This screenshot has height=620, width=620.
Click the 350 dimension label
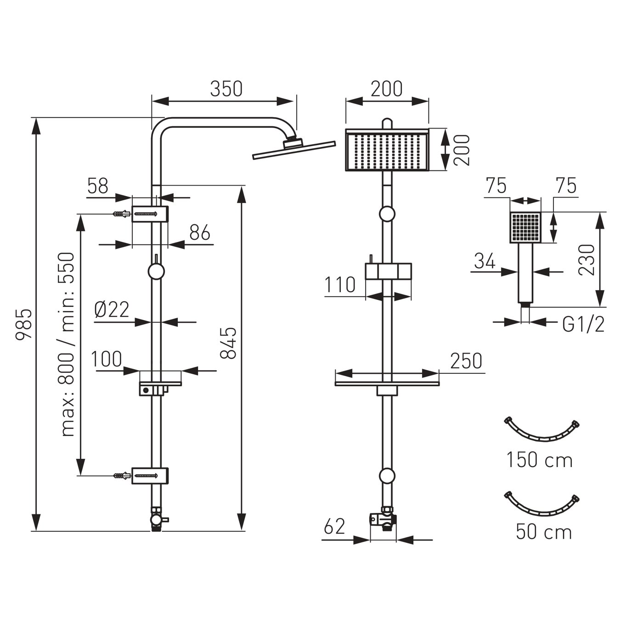point(226,89)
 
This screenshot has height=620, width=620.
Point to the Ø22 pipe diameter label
point(112,310)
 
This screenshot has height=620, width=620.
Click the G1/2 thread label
point(583,324)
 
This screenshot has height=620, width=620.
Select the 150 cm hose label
point(540,460)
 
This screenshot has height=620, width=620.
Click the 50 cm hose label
point(544,532)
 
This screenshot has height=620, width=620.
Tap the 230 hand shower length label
point(586,260)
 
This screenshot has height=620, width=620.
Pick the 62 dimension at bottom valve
point(334,526)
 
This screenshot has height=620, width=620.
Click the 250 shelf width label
point(466,361)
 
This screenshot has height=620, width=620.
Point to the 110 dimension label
point(340,285)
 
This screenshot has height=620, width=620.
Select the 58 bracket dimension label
point(97,186)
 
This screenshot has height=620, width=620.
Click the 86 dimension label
point(200,233)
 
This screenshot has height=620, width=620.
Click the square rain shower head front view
point(387,150)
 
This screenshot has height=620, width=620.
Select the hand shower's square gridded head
point(526,227)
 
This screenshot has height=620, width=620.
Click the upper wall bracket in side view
point(150,214)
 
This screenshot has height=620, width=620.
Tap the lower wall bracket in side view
point(150,475)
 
